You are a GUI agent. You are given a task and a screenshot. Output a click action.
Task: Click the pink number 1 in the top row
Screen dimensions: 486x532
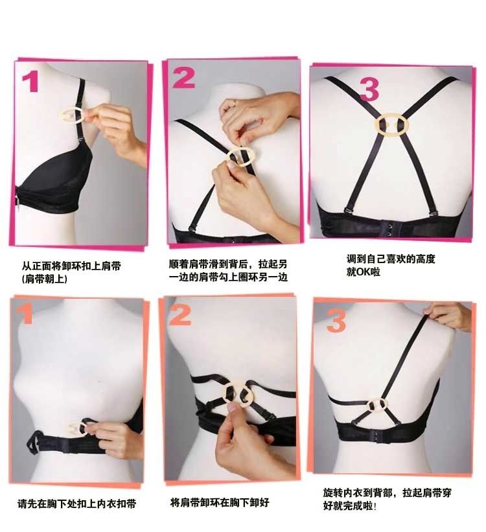30,82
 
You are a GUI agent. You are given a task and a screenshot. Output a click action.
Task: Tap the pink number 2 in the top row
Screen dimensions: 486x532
183,78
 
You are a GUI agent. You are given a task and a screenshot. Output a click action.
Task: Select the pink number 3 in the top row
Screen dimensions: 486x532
369,89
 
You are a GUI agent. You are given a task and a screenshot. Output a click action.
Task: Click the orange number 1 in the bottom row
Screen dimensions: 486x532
27,314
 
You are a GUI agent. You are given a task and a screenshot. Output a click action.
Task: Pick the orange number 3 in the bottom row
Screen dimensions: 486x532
336,321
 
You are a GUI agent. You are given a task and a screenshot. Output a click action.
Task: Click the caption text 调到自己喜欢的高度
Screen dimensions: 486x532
390,259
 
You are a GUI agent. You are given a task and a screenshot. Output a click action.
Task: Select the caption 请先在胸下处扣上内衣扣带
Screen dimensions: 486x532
76,504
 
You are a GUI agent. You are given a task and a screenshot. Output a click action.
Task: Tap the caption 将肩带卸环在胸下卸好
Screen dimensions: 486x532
220,502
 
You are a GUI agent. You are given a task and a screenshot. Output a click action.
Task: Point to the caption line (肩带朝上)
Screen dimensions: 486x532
45,279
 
